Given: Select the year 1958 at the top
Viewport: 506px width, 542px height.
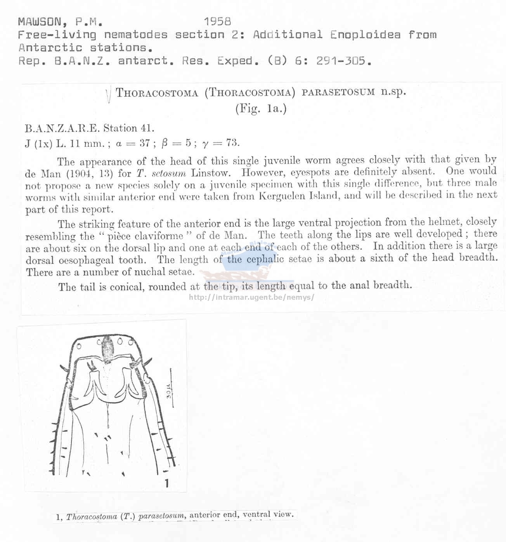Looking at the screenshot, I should tap(217, 22).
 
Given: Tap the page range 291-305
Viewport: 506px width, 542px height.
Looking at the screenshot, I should tap(341, 61).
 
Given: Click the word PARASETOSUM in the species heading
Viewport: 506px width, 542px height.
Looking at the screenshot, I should tap(338, 92).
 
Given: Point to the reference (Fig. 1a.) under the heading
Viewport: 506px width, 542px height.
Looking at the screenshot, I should tap(261, 108).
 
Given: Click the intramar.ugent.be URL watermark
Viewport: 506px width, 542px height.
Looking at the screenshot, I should tap(251, 297).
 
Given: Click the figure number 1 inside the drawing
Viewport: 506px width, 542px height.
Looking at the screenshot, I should tap(166, 483).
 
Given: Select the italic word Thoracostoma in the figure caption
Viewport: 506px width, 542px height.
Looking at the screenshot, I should tap(92, 517).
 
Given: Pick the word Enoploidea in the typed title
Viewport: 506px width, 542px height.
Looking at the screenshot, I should tap(365, 35).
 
